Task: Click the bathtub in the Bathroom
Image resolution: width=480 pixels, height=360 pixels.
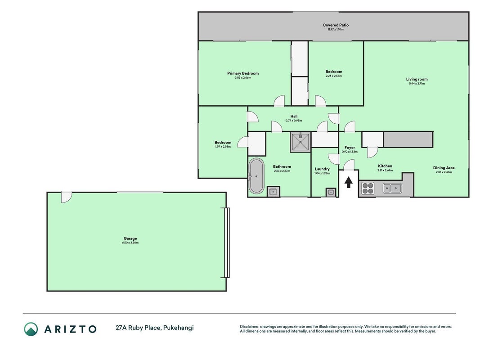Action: click(256, 176)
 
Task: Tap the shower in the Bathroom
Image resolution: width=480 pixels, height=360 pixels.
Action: click(301, 142)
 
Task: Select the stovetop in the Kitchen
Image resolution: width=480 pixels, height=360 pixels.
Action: click(368, 188)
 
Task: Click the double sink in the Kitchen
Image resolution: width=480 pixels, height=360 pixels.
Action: click(392, 188)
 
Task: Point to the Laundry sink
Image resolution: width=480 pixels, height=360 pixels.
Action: click(331, 192)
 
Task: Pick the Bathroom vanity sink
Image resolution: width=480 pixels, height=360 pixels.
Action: click(273, 192)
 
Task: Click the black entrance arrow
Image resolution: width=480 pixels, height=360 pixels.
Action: click(348, 182)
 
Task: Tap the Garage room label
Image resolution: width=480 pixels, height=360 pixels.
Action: click(130, 238)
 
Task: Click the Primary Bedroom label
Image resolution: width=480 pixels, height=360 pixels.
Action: click(243, 73)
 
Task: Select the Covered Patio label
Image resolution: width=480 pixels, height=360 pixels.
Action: click(336, 25)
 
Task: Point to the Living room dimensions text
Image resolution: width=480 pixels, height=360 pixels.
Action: click(417, 84)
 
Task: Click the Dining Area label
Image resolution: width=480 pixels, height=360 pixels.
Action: click(444, 168)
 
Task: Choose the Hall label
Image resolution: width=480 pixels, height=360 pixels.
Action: click(294, 117)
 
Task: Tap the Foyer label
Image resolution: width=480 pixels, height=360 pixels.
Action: click(350, 148)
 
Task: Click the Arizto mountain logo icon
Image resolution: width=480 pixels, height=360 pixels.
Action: click(31, 329)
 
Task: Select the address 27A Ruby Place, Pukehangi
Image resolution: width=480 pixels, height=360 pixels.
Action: click(155, 328)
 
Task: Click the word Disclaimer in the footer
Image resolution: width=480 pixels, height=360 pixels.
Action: click(250, 327)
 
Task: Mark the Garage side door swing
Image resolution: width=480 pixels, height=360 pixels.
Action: click(66, 197)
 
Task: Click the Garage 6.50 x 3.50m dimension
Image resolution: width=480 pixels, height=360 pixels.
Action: click(130, 243)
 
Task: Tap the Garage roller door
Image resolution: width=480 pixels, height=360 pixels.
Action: click(226, 243)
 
